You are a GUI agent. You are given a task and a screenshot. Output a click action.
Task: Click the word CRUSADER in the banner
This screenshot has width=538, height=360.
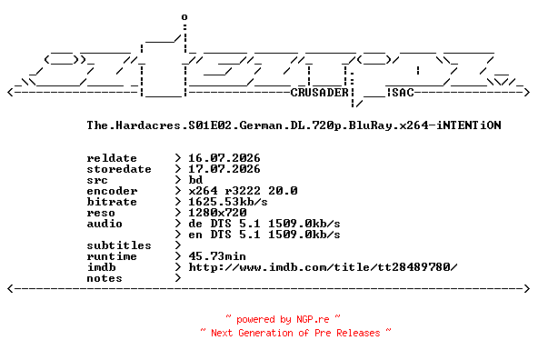click(x=320, y=93)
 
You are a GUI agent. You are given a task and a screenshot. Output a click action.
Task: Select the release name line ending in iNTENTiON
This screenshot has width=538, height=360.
click(x=294, y=125)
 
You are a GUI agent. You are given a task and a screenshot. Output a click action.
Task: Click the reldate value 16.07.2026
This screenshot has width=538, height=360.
click(x=224, y=158)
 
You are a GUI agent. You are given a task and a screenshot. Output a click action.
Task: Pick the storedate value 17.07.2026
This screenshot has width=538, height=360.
click(x=224, y=169)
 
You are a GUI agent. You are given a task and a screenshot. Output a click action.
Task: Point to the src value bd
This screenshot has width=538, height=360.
click(x=195, y=180)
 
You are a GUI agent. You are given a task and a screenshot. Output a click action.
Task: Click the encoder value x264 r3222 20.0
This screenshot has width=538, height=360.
click(x=243, y=191)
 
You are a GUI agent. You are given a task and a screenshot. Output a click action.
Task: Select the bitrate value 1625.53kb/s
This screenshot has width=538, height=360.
click(x=228, y=202)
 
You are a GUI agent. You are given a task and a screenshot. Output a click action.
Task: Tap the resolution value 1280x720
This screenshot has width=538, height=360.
click(x=217, y=213)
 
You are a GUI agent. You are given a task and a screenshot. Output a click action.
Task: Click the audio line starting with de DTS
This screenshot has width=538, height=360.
click(x=264, y=224)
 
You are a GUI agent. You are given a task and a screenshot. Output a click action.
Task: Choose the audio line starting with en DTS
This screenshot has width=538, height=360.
click(x=264, y=235)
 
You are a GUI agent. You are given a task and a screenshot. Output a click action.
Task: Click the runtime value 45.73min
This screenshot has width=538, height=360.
click(x=217, y=256)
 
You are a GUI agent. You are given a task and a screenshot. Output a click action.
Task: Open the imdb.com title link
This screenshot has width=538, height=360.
click(x=323, y=267)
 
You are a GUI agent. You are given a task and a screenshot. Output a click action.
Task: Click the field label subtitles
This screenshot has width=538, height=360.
click(x=119, y=245)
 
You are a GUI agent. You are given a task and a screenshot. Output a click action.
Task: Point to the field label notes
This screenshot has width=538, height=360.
click(x=105, y=278)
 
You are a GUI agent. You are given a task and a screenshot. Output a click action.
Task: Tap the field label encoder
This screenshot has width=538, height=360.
click(x=112, y=191)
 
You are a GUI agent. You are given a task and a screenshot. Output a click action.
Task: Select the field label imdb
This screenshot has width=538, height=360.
click(x=101, y=267)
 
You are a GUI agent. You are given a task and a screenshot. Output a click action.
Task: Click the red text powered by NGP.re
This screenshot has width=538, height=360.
click(x=283, y=319)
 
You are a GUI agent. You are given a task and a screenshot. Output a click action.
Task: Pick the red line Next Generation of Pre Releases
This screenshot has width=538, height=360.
click(x=295, y=333)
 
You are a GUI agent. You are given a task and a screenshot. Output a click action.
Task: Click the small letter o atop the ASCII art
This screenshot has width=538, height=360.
click(x=184, y=16)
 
